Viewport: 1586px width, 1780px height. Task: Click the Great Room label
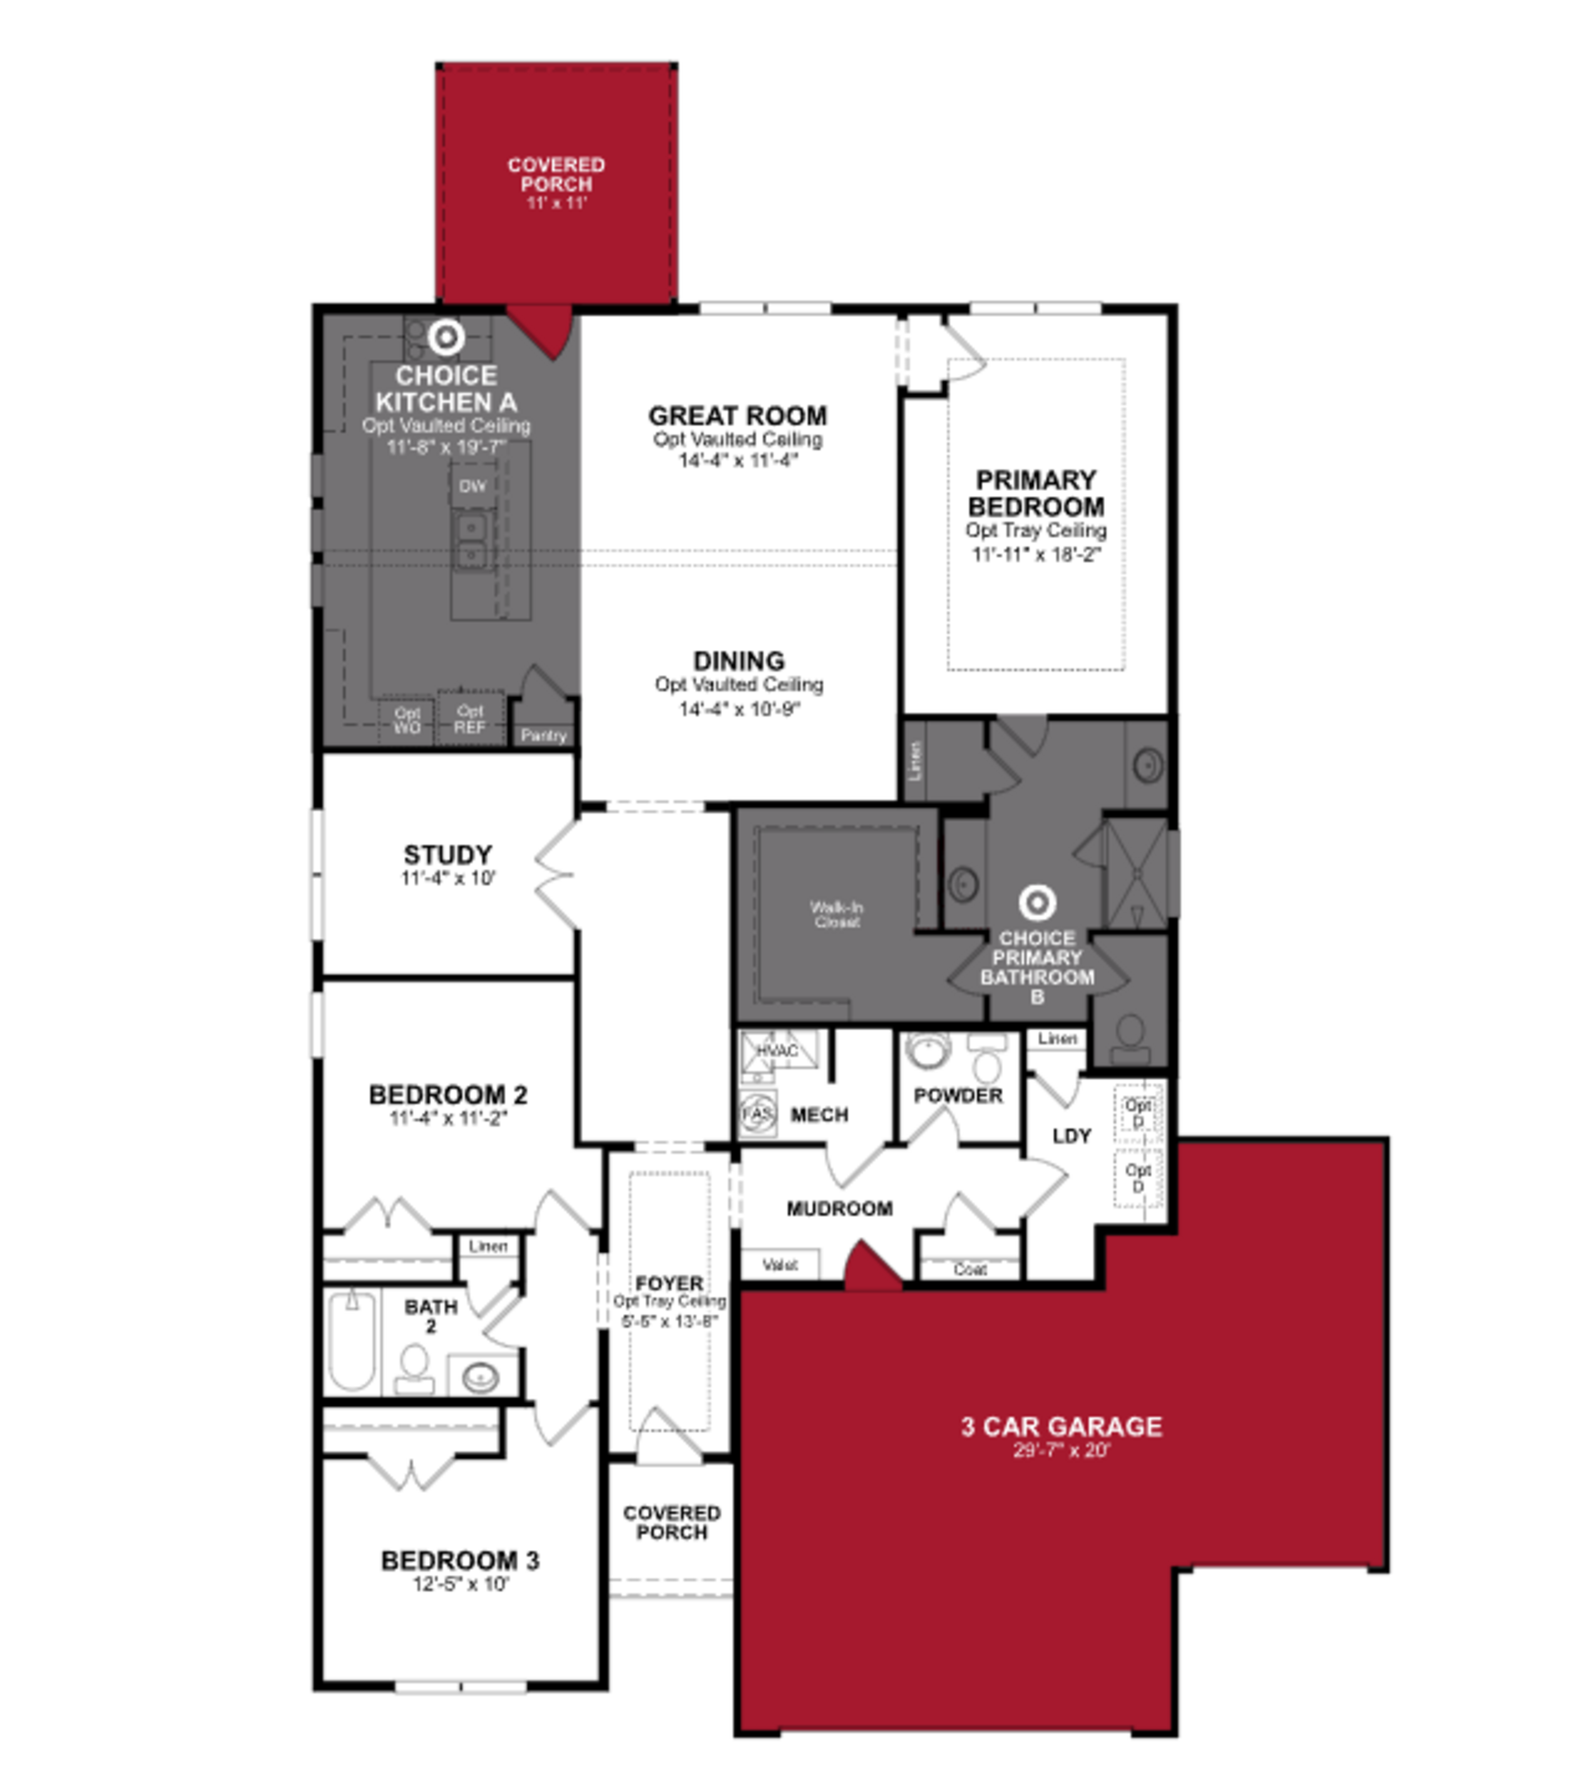click(737, 416)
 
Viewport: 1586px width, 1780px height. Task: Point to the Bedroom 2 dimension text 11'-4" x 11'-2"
click(448, 1118)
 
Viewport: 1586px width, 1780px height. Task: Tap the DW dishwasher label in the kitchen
click(472, 486)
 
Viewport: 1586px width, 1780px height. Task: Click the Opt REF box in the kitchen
click(470, 719)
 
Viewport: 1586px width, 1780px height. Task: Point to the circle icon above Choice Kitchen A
click(446, 337)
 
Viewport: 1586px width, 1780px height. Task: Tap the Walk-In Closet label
click(836, 915)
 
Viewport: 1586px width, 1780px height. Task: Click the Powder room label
click(958, 1096)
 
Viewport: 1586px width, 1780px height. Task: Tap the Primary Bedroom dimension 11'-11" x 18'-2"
click(1036, 554)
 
